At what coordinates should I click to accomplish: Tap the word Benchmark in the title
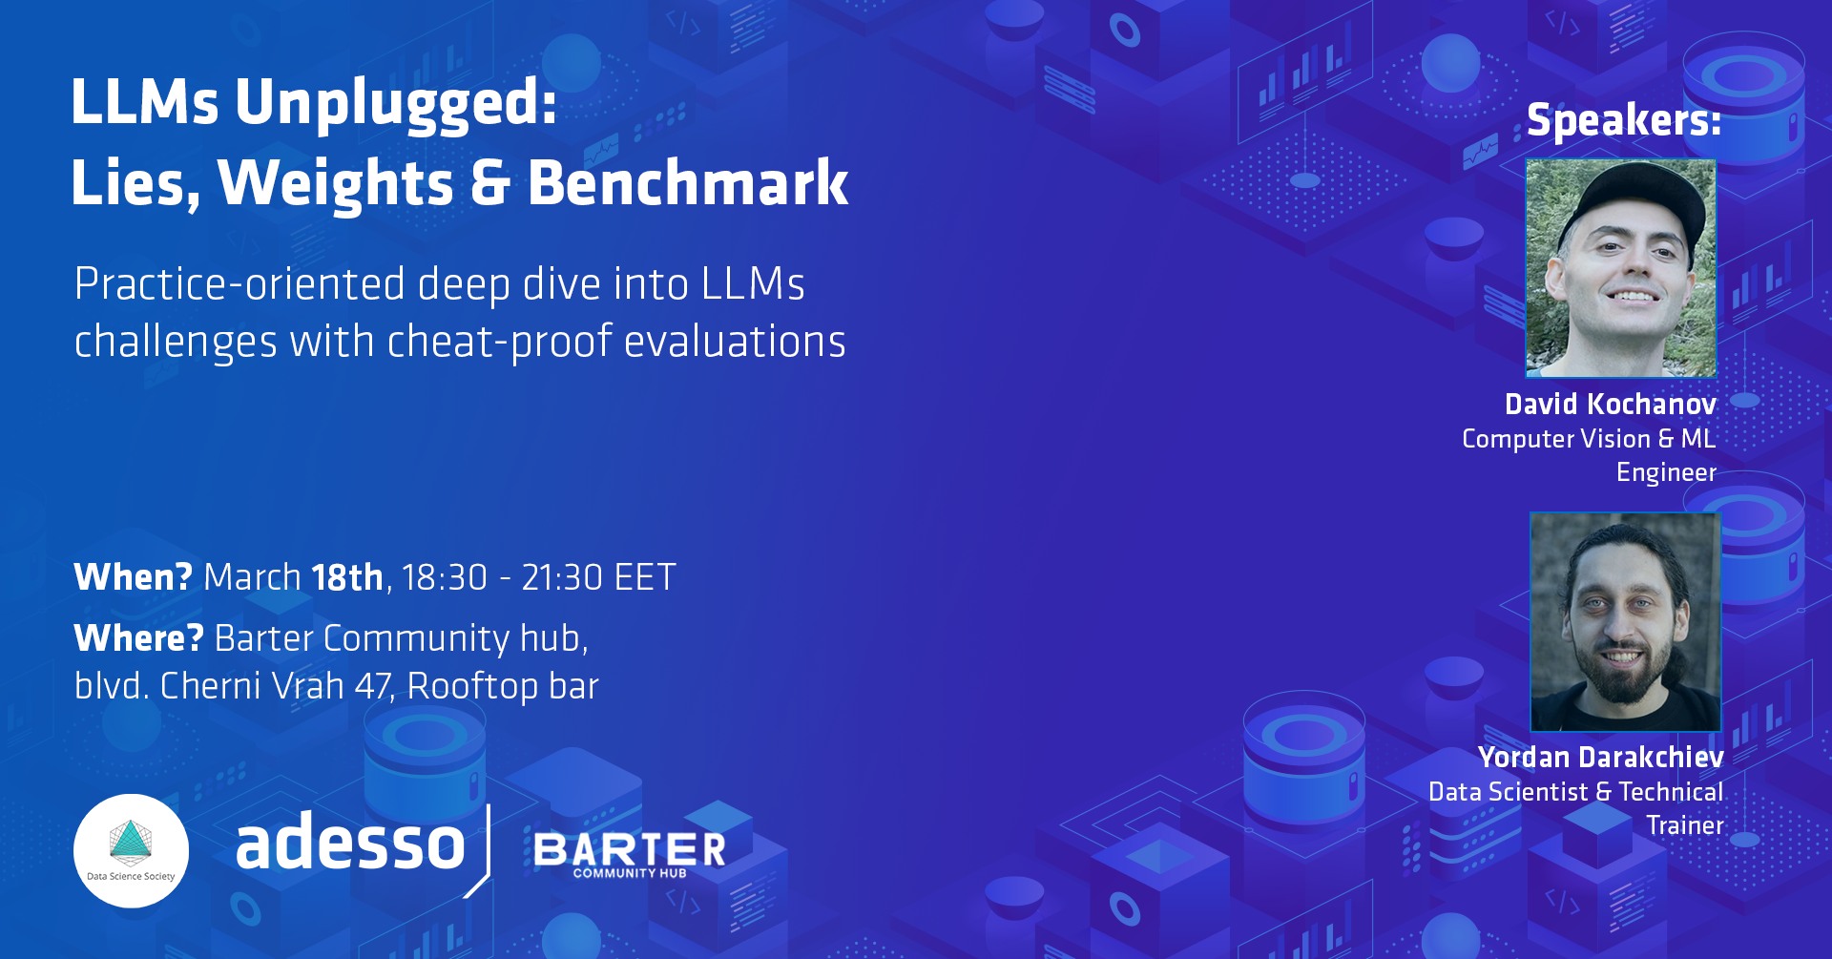(688, 182)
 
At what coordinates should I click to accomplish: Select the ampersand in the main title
(490, 183)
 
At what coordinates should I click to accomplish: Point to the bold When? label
(134, 577)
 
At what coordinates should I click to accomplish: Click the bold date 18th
(347, 577)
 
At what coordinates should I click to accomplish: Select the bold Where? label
(139, 638)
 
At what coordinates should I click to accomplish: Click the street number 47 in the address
(373, 686)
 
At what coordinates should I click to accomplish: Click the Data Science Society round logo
(131, 851)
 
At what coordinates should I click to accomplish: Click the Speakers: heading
(1624, 121)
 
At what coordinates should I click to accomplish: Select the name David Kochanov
(1611, 405)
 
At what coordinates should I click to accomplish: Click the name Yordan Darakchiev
(1601, 758)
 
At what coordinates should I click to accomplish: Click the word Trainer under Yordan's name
(1685, 825)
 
